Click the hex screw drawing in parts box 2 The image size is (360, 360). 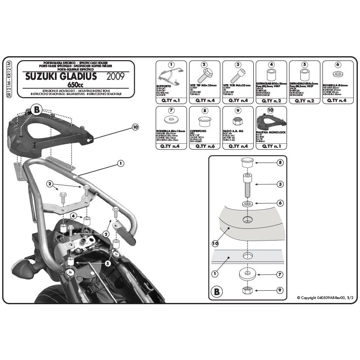pyautogui.click(x=204, y=76)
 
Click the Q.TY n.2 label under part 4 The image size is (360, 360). pyautogui.click(x=271, y=101)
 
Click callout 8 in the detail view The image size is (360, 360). pyautogui.click(x=280, y=163)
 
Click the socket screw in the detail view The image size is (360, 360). pyautogui.click(x=247, y=185)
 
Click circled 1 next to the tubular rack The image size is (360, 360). pyautogui.click(x=120, y=163)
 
